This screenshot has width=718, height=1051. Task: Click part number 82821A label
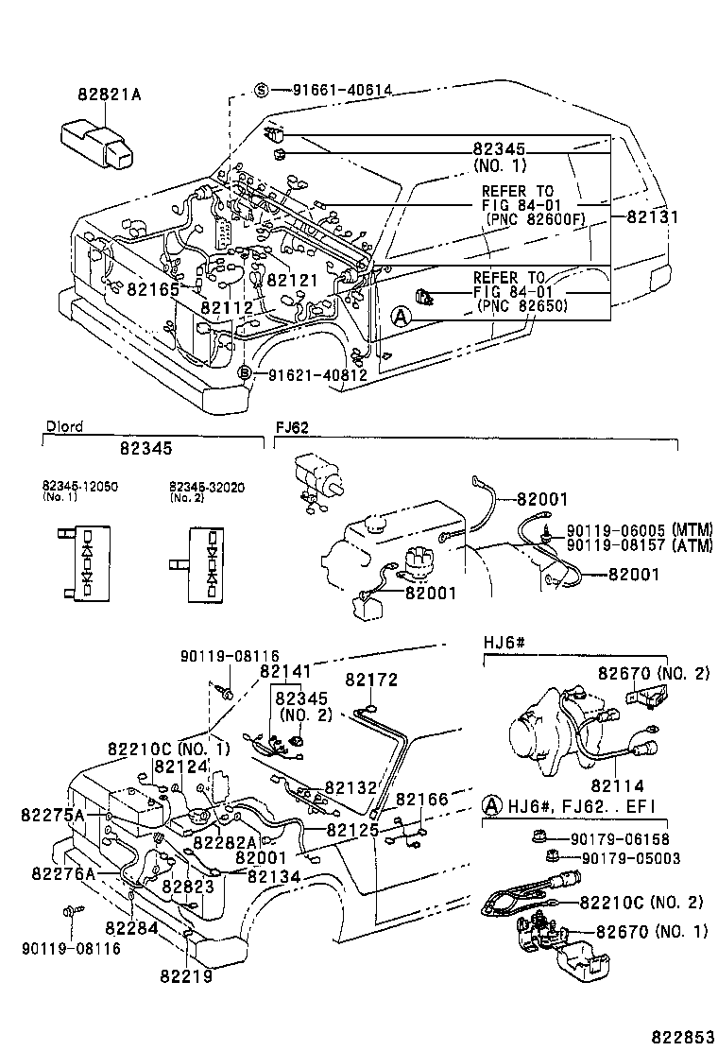coord(111,95)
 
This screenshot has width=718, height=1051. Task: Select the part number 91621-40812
coord(316,374)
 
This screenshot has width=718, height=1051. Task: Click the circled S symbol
coord(263,91)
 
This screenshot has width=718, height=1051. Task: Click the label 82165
coord(153,289)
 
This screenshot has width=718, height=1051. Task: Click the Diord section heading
coord(64,426)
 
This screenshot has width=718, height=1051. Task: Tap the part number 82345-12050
coord(80,486)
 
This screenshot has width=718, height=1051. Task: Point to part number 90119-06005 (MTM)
coord(639,528)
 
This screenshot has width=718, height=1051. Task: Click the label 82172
coord(371,680)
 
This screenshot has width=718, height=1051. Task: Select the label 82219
coord(185,975)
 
